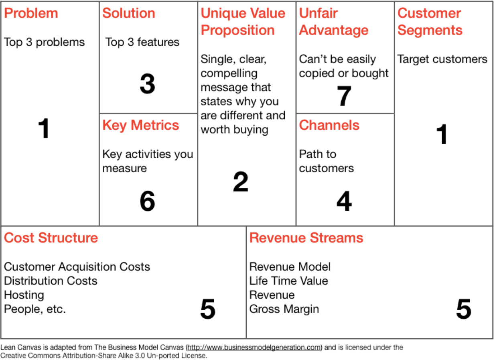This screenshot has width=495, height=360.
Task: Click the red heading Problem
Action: tap(31, 13)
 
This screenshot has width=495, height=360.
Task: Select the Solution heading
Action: tap(128, 13)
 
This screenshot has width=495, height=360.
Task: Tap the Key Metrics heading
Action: tap(140, 125)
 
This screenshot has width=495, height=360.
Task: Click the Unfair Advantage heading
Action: tap(333, 22)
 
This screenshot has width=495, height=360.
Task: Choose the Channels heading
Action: tap(329, 125)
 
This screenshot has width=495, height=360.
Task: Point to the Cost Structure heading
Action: tap(51, 238)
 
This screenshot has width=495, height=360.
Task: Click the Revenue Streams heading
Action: tap(306, 238)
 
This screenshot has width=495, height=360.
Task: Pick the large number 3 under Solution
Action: tap(147, 85)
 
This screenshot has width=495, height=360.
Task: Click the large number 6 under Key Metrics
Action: tap(147, 201)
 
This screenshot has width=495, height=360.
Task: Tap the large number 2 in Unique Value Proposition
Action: tap(241, 182)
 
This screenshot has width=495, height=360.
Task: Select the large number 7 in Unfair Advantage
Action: tap(344, 96)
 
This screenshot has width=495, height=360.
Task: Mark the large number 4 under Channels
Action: tap(344, 201)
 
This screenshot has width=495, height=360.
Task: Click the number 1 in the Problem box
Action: tap(44, 129)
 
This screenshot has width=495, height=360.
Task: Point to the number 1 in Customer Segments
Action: tap(442, 134)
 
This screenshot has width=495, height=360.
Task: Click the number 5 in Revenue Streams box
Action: tap(463, 309)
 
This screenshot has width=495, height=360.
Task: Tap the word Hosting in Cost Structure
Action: tap(24, 295)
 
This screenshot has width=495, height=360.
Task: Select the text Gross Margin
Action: tap(284, 309)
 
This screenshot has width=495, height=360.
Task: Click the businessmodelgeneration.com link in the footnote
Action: tap(254, 348)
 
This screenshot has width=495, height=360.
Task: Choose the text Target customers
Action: tap(442, 59)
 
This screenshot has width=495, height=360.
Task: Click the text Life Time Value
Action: tap(288, 281)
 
